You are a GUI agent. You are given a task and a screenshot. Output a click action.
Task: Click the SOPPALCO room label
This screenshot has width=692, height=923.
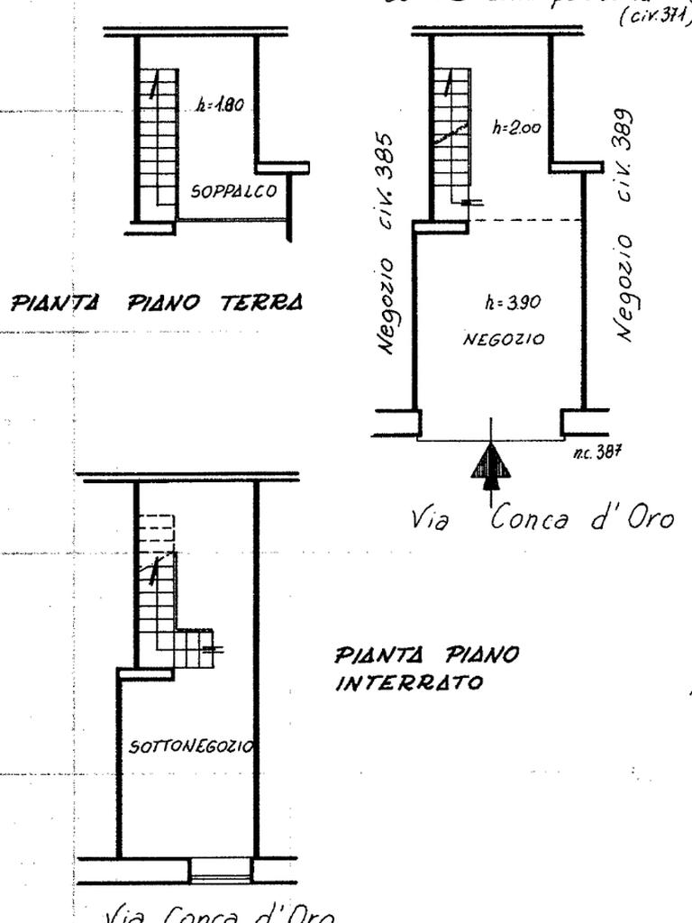click(233, 191)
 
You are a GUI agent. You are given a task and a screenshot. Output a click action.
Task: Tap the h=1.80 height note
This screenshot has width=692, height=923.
click(219, 105)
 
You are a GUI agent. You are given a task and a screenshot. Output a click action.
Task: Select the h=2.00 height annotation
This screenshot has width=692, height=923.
click(516, 128)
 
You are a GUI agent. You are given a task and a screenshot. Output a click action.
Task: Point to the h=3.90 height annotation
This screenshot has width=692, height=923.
click(512, 303)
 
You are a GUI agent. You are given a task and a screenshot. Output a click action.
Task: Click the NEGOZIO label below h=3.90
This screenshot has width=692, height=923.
click(504, 339)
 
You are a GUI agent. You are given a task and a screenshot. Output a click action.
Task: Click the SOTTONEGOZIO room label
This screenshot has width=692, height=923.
click(191, 746)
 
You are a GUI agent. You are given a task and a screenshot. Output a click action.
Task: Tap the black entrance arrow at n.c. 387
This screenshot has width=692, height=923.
click(490, 463)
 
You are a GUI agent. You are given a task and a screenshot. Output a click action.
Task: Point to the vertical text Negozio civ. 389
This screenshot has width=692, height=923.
click(627, 225)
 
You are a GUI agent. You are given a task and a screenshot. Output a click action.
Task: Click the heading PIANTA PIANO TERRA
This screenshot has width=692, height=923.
click(156, 302)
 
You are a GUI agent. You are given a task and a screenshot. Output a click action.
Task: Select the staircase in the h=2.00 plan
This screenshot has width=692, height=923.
click(451, 135)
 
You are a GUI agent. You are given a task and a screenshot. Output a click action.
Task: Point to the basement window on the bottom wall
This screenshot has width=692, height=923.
click(221, 871)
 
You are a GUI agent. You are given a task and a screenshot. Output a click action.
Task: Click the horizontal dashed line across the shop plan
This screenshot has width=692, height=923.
click(527, 220)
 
